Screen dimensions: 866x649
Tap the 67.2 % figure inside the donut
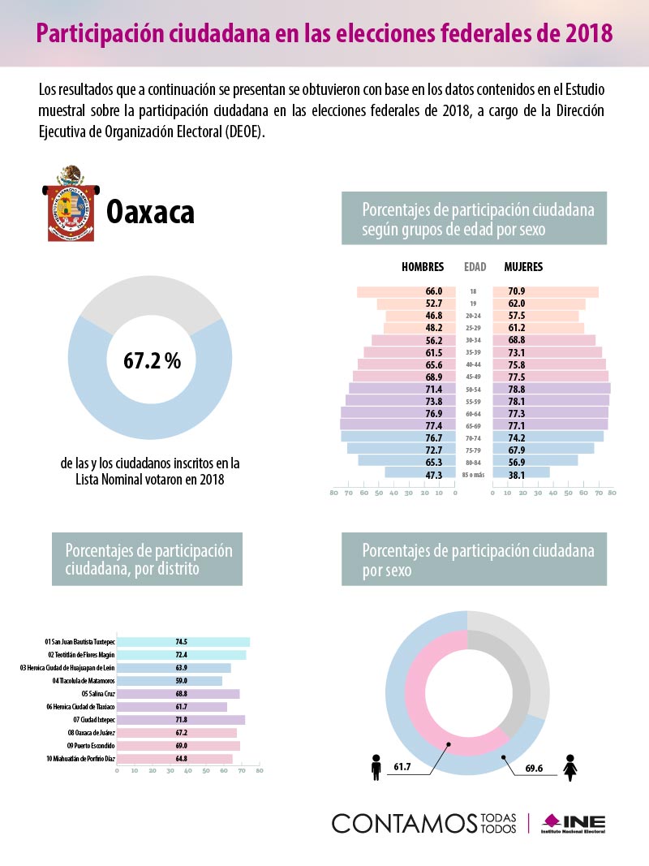click(152, 361)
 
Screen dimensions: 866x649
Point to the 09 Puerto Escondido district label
click(90, 745)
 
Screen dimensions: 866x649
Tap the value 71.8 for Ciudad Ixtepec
click(181, 719)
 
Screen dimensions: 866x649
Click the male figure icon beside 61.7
click(376, 768)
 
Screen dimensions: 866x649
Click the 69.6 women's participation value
click(533, 768)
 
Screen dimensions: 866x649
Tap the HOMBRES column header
click(423, 267)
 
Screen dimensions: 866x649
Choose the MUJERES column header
click(523, 267)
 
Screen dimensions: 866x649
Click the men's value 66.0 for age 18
click(433, 291)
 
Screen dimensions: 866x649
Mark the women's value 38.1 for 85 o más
click(516, 475)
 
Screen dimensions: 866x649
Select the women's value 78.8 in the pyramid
click(516, 390)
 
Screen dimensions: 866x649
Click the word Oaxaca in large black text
click(151, 213)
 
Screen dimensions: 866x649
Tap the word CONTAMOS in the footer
click(402, 822)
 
